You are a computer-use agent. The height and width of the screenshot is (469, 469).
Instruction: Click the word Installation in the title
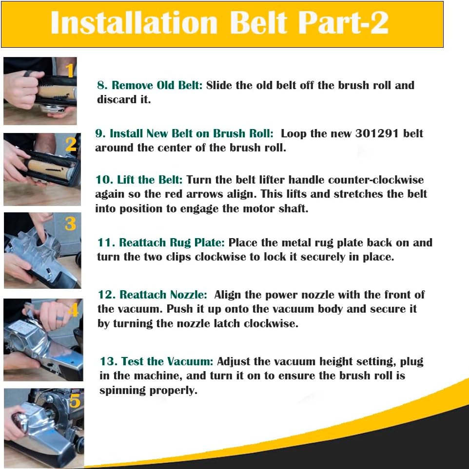134,23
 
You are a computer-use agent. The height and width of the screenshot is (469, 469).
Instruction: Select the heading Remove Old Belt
157,85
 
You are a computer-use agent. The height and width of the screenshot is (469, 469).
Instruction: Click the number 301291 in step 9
377,133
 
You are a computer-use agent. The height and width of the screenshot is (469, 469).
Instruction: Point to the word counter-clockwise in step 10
376,180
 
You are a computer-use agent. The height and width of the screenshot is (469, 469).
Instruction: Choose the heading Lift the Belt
150,180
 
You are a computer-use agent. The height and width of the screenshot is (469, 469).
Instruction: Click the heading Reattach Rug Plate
172,243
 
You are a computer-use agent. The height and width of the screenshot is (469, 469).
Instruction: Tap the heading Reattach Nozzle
163,295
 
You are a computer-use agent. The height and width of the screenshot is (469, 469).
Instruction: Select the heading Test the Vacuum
167,361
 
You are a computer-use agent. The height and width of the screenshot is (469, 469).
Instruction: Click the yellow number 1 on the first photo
69,71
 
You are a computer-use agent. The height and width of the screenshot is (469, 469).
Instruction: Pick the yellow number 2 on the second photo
71,144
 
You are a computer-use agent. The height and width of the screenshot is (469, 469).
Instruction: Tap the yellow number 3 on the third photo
70,224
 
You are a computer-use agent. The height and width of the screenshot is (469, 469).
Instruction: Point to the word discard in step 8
117,100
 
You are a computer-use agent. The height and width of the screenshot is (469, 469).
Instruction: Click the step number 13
108,361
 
